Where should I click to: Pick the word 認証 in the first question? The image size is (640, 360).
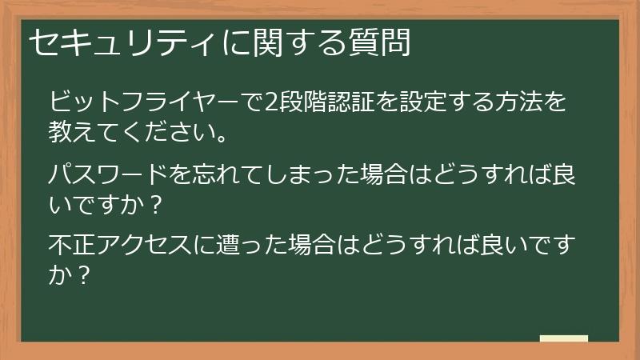point(353,102)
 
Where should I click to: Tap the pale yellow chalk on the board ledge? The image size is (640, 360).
point(563,338)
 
